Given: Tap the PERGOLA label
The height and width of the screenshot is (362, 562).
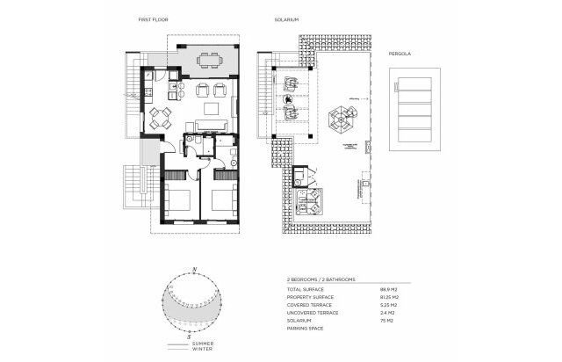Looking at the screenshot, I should click(400, 54).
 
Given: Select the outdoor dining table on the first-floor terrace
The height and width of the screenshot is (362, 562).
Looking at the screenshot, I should click(209, 60).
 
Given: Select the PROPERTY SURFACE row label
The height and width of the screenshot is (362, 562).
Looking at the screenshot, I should click(309, 298).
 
